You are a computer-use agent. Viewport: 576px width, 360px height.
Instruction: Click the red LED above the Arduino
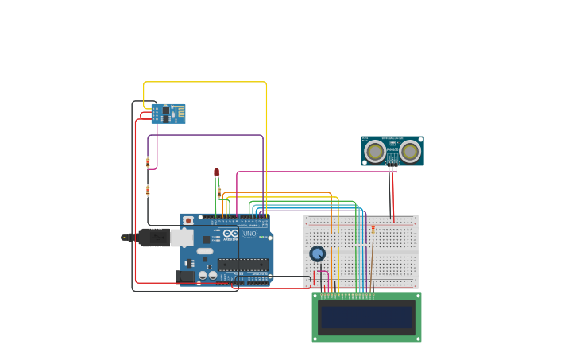pyautogui.click(x=216, y=172)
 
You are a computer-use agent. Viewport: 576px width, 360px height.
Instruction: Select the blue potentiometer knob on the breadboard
pyautogui.click(x=317, y=254)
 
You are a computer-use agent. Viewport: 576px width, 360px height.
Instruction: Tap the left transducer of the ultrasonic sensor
pyautogui.click(x=375, y=151)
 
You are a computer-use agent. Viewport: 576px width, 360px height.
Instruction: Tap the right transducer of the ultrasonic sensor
pyautogui.click(x=410, y=151)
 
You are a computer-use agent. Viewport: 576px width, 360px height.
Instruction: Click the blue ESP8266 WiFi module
pyautogui.click(x=168, y=114)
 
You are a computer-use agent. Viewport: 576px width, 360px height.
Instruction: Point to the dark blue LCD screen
pyautogui.click(x=366, y=318)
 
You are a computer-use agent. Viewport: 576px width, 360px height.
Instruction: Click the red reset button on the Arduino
pyautogui.click(x=188, y=220)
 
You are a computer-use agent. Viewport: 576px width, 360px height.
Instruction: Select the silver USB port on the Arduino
pyautogui.click(x=182, y=237)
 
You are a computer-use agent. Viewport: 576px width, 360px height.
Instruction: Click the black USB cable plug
pyautogui.click(x=153, y=237)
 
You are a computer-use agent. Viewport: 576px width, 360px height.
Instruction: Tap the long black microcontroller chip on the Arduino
pyautogui.click(x=242, y=265)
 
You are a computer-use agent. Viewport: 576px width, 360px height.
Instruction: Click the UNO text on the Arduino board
pyautogui.click(x=249, y=234)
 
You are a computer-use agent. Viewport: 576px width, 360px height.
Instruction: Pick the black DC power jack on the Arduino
pyautogui.click(x=185, y=276)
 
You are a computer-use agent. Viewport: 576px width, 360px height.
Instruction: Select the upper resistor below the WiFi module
pyautogui.click(x=148, y=162)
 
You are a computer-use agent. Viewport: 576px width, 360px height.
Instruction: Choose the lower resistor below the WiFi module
pyautogui.click(x=148, y=191)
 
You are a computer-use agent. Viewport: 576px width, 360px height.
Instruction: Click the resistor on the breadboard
pyautogui.click(x=373, y=228)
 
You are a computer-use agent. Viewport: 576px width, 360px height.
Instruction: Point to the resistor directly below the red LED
pyautogui.click(x=219, y=192)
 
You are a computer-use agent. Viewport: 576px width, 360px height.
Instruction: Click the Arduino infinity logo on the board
pyautogui.click(x=230, y=234)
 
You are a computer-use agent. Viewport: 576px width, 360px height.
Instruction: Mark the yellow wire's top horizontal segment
pyautogui.click(x=205, y=82)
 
